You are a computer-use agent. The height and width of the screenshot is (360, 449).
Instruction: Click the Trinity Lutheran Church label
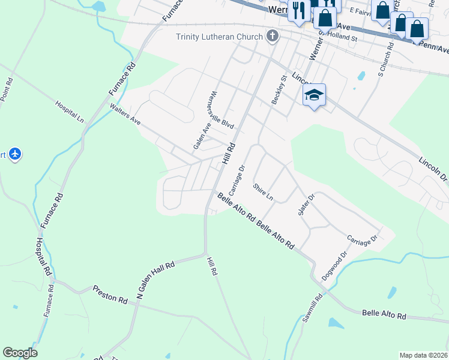(219, 37)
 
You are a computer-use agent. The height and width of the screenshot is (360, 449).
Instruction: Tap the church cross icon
(273, 36)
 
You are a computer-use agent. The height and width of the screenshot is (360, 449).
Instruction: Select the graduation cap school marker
(314, 95)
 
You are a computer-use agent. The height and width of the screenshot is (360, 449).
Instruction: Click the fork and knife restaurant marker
(297, 10)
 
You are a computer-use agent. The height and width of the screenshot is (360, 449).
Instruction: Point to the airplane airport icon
(16, 155)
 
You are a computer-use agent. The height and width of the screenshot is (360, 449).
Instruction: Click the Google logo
(20, 353)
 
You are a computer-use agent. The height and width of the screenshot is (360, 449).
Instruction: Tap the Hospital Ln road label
(70, 112)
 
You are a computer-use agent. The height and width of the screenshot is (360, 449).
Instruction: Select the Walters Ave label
(125, 115)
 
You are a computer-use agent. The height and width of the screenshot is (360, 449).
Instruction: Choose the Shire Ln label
(263, 193)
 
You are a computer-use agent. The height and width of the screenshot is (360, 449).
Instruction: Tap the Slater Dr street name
(306, 205)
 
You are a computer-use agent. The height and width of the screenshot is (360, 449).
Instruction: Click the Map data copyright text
(423, 355)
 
